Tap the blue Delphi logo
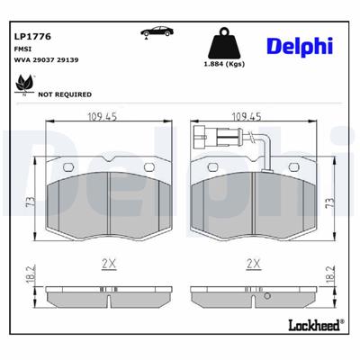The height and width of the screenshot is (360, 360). (x=300, y=46)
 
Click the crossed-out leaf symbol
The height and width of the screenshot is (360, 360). (x=22, y=84)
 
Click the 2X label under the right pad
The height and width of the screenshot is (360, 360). (x=253, y=264)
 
